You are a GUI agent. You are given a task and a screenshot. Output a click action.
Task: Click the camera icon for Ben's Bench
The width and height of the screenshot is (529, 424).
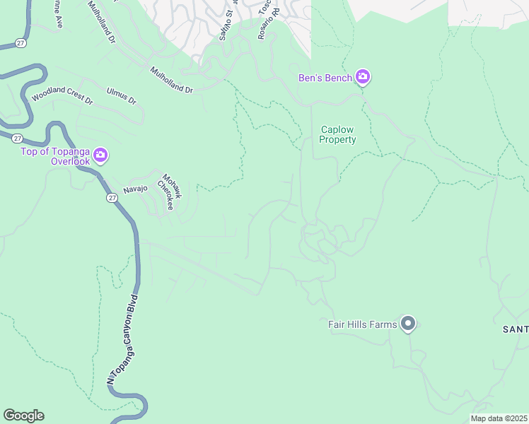click(x=363, y=77)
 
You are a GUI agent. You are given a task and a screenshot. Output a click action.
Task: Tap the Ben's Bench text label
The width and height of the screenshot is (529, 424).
click(x=325, y=78)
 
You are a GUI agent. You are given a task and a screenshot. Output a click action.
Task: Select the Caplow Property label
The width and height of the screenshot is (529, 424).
click(x=338, y=135)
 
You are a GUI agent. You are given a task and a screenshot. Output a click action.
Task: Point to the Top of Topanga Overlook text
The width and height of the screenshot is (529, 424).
click(x=55, y=156)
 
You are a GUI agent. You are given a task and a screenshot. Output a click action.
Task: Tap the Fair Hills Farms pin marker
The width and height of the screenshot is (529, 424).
click(x=407, y=324)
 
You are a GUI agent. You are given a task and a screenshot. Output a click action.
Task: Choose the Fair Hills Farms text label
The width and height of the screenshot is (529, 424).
click(x=362, y=324)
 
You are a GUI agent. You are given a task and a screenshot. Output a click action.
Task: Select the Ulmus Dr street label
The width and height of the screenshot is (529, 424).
click(x=121, y=95)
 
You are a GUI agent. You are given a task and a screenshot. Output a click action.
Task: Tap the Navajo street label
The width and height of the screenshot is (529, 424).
click(x=135, y=188)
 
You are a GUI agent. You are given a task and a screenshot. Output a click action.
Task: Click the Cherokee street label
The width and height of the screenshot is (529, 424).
click(x=165, y=192)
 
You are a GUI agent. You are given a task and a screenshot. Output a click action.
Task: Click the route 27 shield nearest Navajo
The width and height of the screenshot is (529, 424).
click(x=112, y=199)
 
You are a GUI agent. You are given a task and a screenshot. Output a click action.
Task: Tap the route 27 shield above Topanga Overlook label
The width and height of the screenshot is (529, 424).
click(x=18, y=138)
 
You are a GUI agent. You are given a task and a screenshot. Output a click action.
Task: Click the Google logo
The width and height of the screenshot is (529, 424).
click(x=23, y=416)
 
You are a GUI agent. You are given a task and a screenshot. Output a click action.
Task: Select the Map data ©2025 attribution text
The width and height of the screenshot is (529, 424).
click(x=499, y=418)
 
